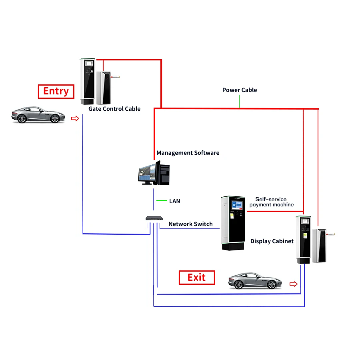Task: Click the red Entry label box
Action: tap(56, 91)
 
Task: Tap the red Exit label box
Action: tap(196, 278)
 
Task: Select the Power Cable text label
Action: tap(240, 90)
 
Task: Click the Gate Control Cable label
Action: tap(114, 109)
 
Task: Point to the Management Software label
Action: tap(188, 153)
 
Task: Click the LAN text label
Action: tap(175, 201)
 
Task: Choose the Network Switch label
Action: tap(190, 224)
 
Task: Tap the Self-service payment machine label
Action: tap(272, 202)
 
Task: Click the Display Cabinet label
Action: tap(272, 241)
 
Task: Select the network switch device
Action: tap(154, 218)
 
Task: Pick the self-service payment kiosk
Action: tap(233, 223)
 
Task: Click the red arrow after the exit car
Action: tap(294, 284)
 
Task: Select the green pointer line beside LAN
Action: tap(161, 200)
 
